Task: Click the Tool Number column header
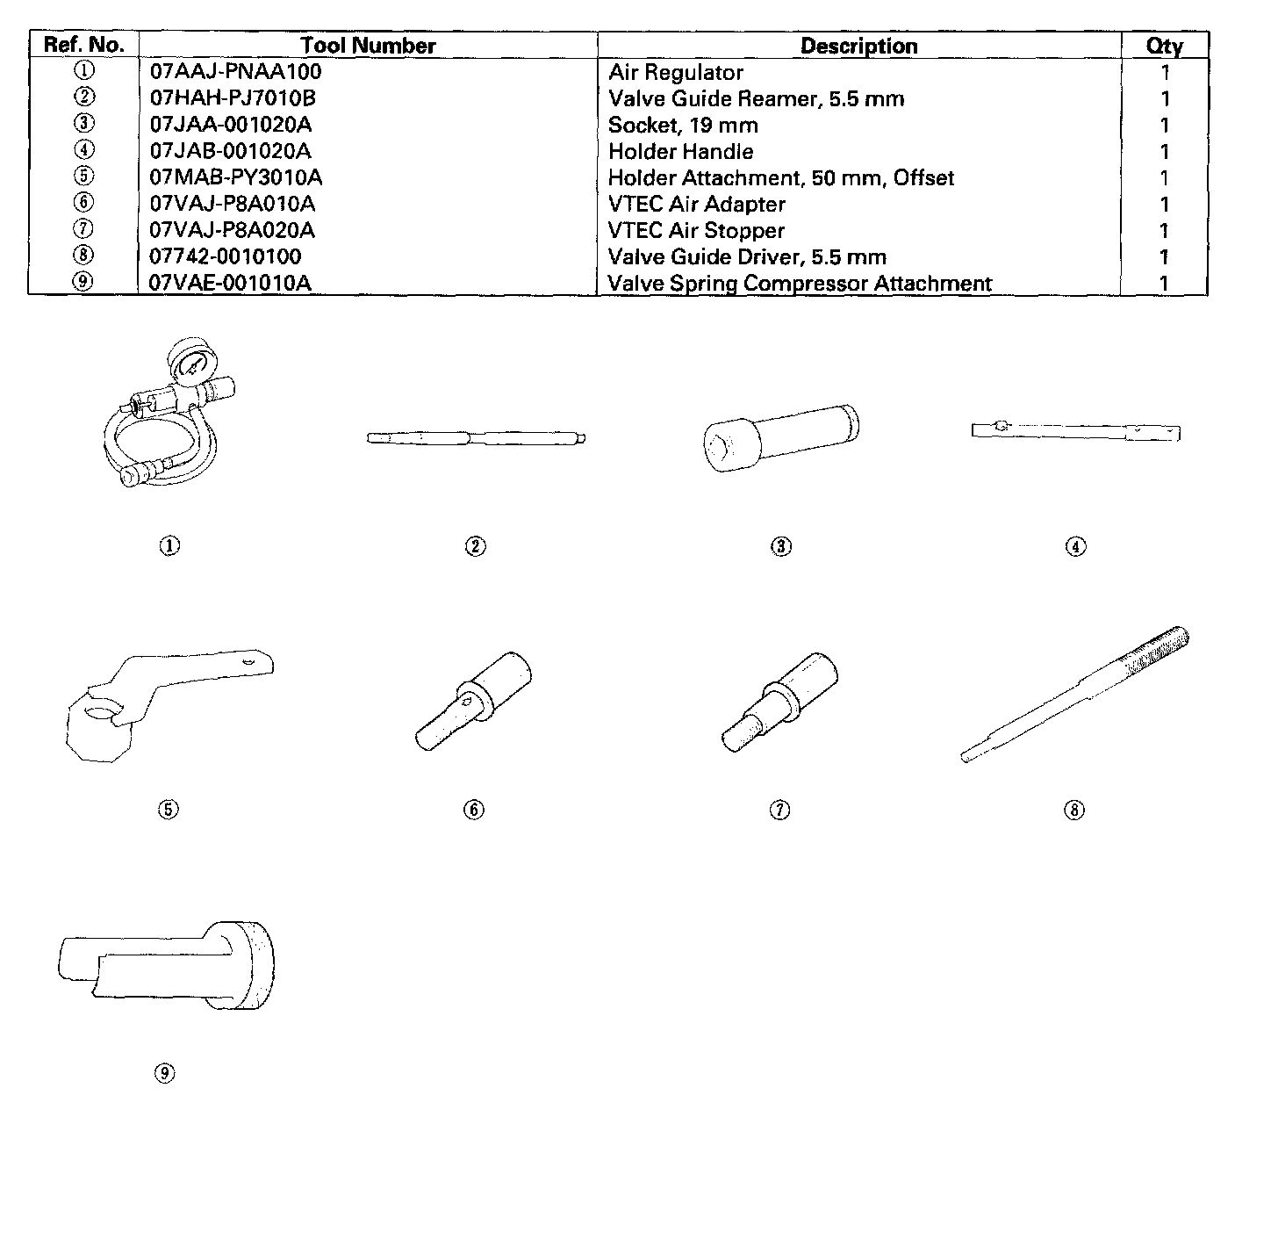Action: [x=368, y=46]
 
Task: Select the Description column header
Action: [x=858, y=46]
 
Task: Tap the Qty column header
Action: [x=1164, y=46]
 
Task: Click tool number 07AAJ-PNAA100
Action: [x=235, y=72]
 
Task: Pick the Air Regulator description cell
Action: [x=676, y=72]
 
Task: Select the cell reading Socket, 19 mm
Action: [x=683, y=125]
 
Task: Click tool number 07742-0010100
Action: [x=226, y=256]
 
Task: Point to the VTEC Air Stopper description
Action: [x=696, y=230]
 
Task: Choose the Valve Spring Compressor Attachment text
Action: [x=800, y=283]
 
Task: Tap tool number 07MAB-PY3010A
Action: [x=236, y=177]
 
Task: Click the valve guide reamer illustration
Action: [x=475, y=437]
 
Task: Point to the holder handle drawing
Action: [x=1075, y=431]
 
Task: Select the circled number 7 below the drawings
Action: [x=779, y=810]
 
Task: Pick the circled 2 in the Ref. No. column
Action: [x=84, y=97]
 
